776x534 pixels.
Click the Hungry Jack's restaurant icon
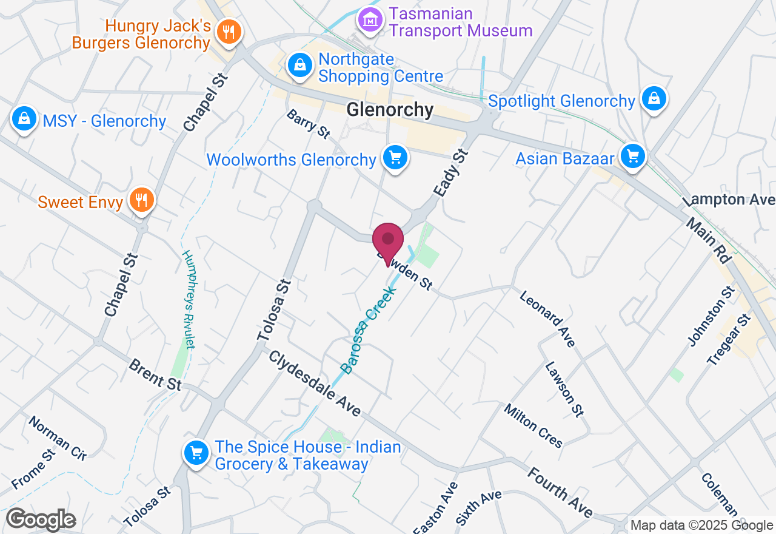pyautogui.click(x=229, y=31)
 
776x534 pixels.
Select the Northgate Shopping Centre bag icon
pyautogui.click(x=299, y=65)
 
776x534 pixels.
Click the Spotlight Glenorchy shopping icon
pyautogui.click(x=654, y=98)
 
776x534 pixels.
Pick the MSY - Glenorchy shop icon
pyautogui.click(x=23, y=119)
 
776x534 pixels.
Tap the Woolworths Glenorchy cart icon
pyautogui.click(x=395, y=158)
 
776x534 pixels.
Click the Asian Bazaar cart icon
pyautogui.click(x=633, y=157)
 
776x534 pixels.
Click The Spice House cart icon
pyautogui.click(x=196, y=453)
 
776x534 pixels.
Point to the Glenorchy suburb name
pyautogui.click(x=390, y=110)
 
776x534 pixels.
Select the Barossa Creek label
pyautogui.click(x=368, y=330)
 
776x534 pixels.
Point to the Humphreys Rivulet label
pyautogui.click(x=189, y=299)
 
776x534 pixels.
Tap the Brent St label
pyautogui.click(x=155, y=374)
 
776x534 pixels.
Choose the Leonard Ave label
pyautogui.click(x=547, y=319)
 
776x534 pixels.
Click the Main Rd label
pyautogui.click(x=708, y=240)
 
